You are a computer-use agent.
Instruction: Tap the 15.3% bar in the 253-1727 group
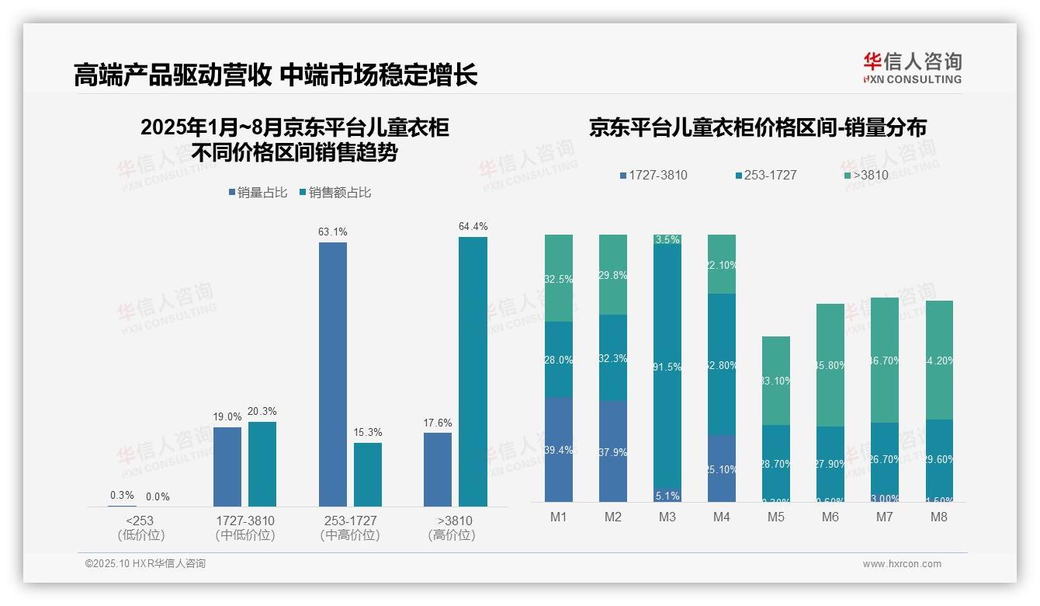coord(368,475)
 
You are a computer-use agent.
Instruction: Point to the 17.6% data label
coord(438,423)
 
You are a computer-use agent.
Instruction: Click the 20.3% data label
coord(262,412)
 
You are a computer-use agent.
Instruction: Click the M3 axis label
coord(667,517)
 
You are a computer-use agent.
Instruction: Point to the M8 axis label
coord(939,517)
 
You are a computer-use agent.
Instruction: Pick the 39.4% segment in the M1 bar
coord(559,450)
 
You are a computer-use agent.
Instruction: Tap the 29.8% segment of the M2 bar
coord(613,275)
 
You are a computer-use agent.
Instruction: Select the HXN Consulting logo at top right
coord(912,68)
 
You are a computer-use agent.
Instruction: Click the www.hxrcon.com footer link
coord(902,564)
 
